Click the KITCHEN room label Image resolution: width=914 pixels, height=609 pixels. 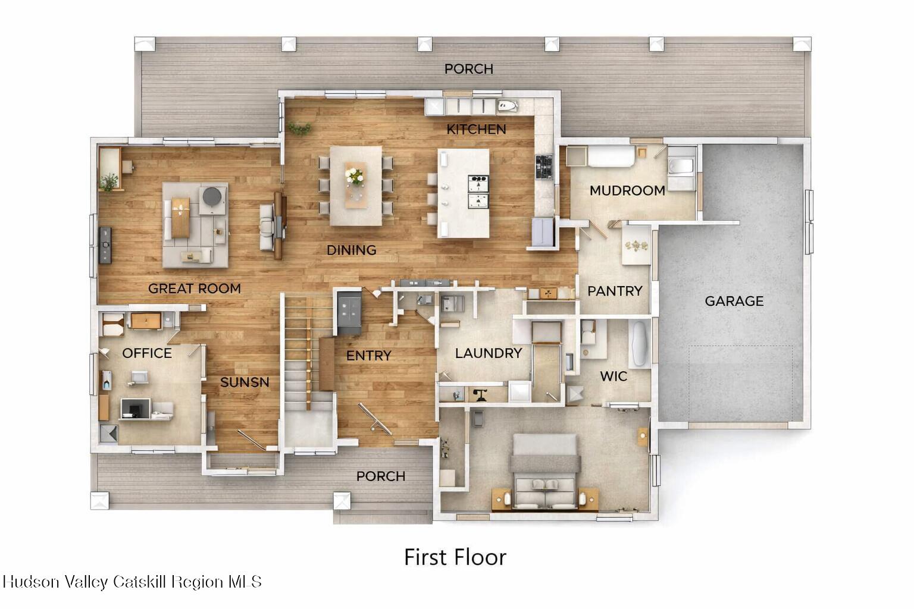(x=476, y=129)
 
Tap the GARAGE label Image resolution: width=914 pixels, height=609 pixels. (x=734, y=301)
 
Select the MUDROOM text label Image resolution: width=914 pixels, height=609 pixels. (x=627, y=190)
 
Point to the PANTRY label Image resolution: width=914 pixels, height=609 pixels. (x=615, y=291)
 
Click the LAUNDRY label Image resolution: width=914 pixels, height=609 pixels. (x=489, y=353)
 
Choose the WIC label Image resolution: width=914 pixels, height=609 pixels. (x=613, y=376)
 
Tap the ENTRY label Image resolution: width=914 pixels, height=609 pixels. (x=369, y=356)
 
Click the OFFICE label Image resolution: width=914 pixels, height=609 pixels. (x=147, y=353)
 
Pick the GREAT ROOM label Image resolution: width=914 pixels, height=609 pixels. (x=195, y=289)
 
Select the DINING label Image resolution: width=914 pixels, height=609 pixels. (x=351, y=250)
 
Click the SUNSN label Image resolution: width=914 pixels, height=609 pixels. (x=245, y=382)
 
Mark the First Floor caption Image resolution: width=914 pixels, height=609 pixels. (x=455, y=557)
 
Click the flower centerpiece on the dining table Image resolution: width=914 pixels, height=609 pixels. (x=355, y=176)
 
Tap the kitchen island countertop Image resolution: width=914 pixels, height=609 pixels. (x=463, y=193)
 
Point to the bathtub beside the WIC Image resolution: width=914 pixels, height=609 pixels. (x=640, y=344)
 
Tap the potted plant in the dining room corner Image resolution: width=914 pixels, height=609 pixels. (x=300, y=129)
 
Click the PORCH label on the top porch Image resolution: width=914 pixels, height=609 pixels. (x=469, y=69)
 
